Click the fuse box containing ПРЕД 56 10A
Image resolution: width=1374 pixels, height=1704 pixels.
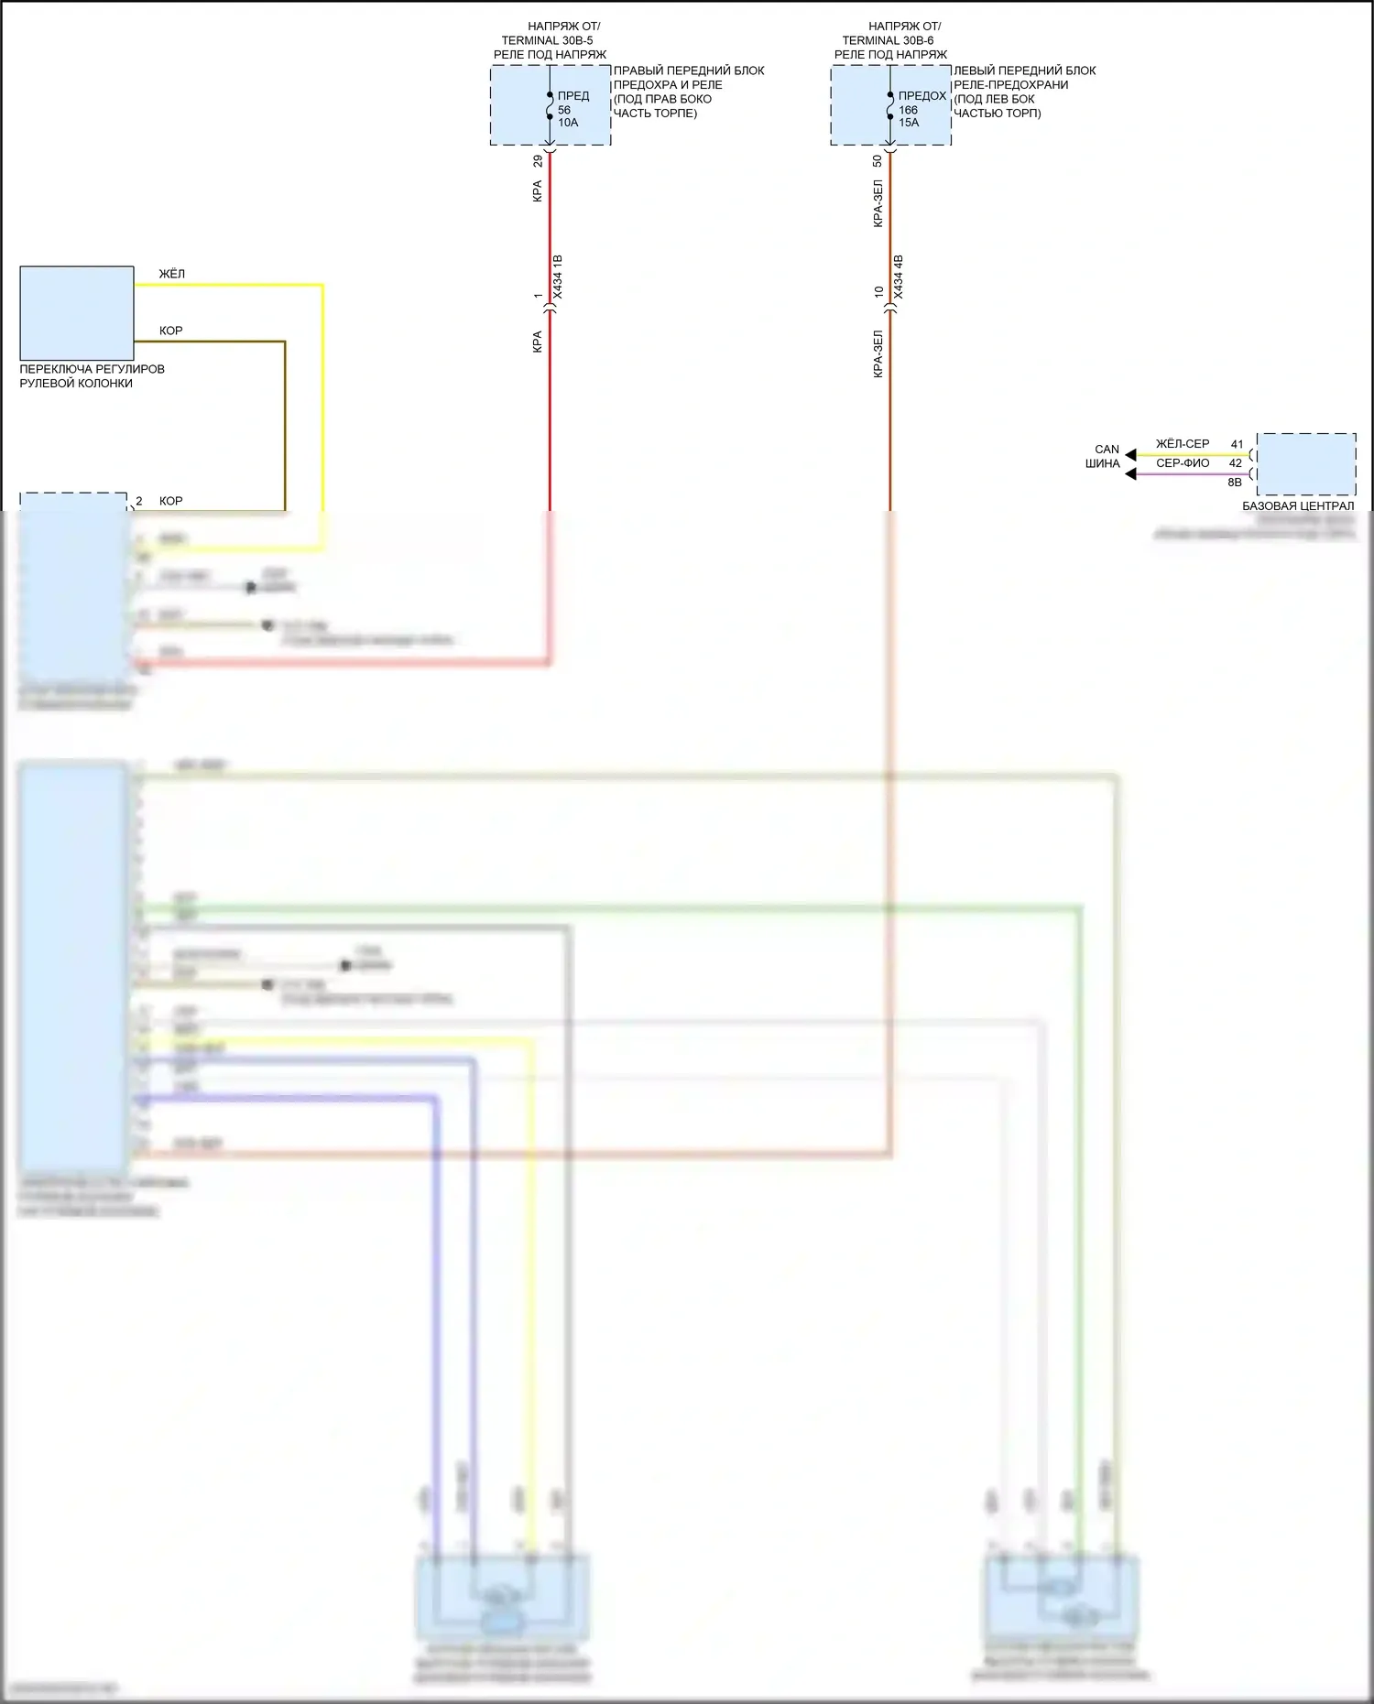coord(550,105)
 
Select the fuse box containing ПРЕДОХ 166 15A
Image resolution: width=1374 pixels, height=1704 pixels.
coord(890,105)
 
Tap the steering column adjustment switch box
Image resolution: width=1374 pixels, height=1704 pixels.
coord(77,312)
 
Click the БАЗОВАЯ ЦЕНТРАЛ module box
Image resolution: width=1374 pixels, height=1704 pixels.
coord(1306,464)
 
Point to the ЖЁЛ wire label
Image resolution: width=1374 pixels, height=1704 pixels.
coord(172,274)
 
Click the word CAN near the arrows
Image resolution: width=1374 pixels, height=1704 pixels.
coord(1107,450)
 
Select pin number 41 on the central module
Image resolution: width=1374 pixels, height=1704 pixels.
coord(1237,444)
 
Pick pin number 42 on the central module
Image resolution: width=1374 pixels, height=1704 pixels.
coord(1236,463)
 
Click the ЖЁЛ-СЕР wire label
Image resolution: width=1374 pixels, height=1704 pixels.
coord(1182,444)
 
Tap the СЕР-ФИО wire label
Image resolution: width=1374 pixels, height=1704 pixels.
coord(1182,463)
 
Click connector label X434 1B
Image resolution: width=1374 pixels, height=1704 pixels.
coord(559,277)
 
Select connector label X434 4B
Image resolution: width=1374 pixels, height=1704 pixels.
coord(899,277)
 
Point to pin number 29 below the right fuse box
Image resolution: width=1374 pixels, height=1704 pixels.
coord(538,160)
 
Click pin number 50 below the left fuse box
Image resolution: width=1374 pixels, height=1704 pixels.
coord(878,160)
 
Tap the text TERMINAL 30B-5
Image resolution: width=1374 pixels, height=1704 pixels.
coord(547,40)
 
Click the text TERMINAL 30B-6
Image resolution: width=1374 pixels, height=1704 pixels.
coord(888,40)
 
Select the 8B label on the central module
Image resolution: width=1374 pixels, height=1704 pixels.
coord(1235,483)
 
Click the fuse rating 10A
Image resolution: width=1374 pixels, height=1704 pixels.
coord(568,123)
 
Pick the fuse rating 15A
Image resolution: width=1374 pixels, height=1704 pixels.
coord(909,123)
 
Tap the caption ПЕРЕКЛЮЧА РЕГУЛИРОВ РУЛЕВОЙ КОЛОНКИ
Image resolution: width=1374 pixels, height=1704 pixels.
coord(92,376)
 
